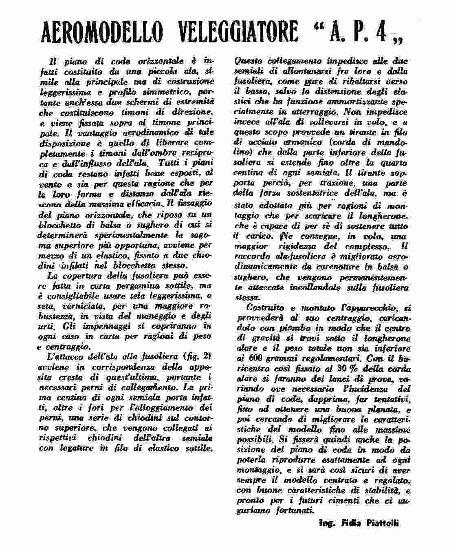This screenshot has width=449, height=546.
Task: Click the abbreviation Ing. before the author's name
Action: pos(326,523)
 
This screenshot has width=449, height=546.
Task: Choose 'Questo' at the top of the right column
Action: pos(249,61)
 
